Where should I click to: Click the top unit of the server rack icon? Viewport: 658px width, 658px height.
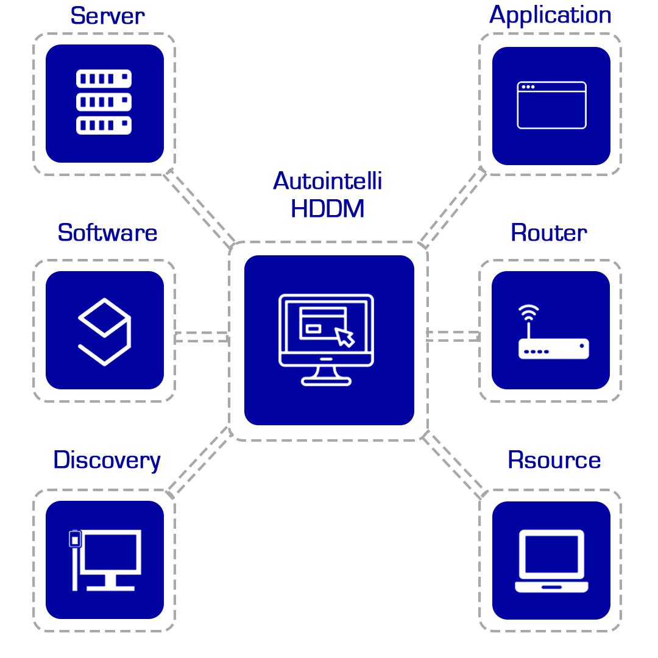coord(104,79)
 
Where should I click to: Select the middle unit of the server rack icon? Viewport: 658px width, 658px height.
coord(104,102)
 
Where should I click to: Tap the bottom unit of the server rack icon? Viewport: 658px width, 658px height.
coord(104,125)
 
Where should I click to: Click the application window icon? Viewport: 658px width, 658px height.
coord(551,105)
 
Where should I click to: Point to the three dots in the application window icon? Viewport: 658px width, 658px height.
coord(528,87)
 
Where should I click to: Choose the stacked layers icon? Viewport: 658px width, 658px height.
coord(104,332)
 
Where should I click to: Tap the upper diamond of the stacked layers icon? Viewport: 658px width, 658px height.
coord(104,317)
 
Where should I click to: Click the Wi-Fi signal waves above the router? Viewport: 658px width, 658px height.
coord(529,311)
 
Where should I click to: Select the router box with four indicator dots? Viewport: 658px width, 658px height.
coord(553,349)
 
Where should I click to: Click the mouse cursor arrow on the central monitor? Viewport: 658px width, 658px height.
coord(344,338)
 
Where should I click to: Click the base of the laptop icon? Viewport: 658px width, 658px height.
coord(551,587)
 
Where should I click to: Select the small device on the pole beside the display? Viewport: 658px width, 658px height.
coord(75,539)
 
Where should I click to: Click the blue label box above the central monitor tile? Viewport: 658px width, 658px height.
coord(327,194)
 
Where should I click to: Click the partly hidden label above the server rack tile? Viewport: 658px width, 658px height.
coord(108,16)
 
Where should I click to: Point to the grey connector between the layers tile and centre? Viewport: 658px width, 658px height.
coord(202,336)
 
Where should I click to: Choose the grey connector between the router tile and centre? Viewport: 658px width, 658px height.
coord(453,336)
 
